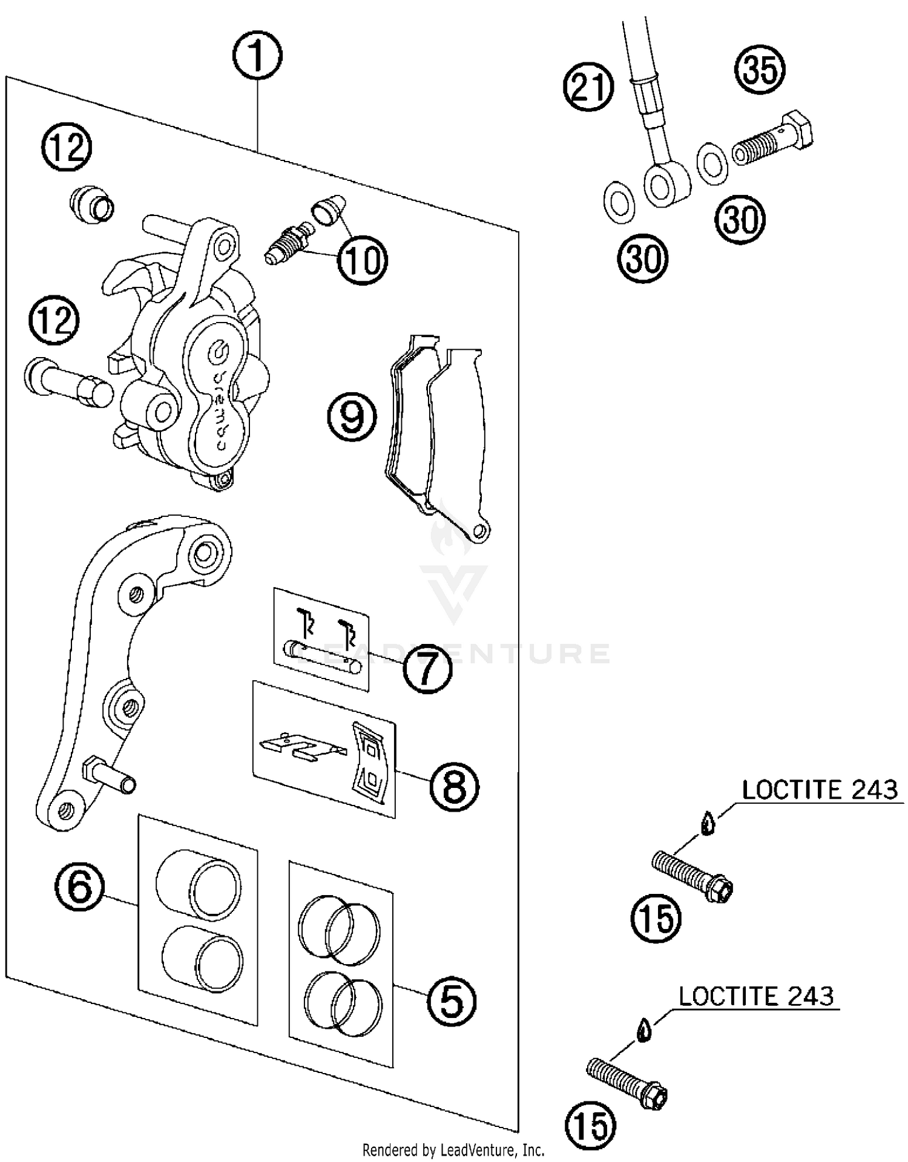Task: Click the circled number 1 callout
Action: (257, 56)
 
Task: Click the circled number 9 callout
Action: (352, 417)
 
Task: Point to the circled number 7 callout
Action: (428, 669)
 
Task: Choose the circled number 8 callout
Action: (455, 786)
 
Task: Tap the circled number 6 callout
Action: (80, 887)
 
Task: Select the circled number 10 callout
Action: (363, 260)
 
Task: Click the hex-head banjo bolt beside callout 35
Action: (772, 139)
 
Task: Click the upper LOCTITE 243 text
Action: (820, 790)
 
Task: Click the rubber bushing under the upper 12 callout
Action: (91, 205)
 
